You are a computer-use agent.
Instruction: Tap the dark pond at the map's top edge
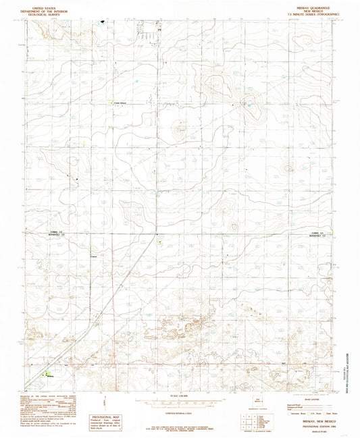(x=103, y=22)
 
